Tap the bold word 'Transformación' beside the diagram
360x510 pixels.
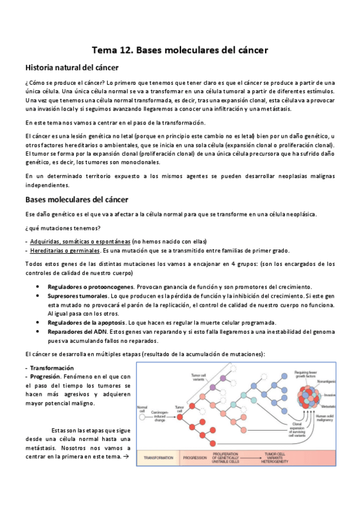(52, 367)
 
